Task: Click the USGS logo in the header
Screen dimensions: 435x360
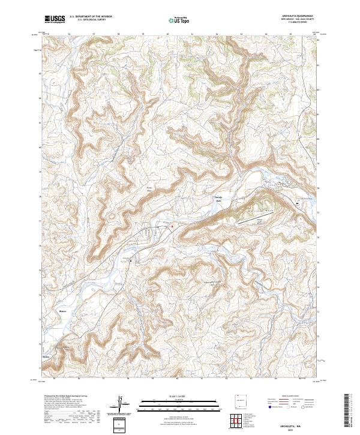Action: pos(55,19)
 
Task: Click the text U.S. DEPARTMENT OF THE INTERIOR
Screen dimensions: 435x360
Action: pos(91,17)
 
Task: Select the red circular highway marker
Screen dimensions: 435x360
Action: pos(172,226)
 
